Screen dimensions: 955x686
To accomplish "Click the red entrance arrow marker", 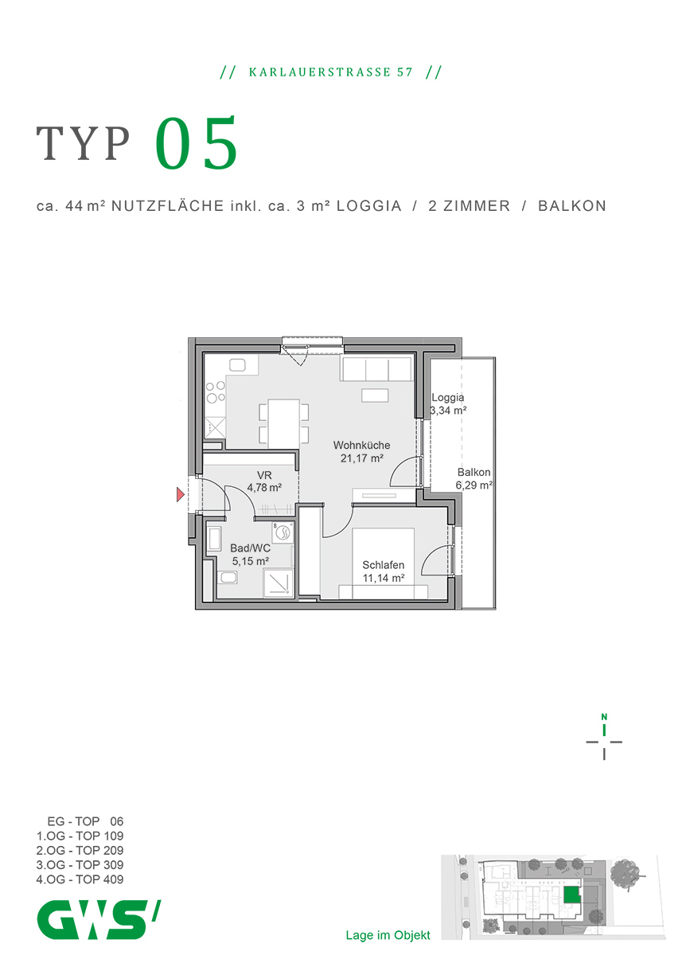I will point(181,496).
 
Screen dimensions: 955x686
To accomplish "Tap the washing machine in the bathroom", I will point(283,534).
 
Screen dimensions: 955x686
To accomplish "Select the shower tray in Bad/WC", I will point(278,583).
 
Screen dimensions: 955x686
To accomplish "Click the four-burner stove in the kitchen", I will point(215,394).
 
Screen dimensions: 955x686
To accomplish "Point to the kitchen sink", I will point(239,365).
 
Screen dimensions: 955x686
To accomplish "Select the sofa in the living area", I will point(376,369).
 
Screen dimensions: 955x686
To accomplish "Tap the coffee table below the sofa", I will point(375,395).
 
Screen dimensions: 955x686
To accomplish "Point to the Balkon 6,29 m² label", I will point(474,478).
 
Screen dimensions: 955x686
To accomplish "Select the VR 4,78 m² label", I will point(263,481).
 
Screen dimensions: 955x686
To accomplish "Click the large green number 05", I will point(197,145).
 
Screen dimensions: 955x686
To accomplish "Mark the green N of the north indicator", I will point(604,714).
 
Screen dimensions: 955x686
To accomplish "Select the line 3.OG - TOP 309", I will point(80,865).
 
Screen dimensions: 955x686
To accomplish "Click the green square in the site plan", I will point(570,895).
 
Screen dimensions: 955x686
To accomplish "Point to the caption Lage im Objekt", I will point(388,935).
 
